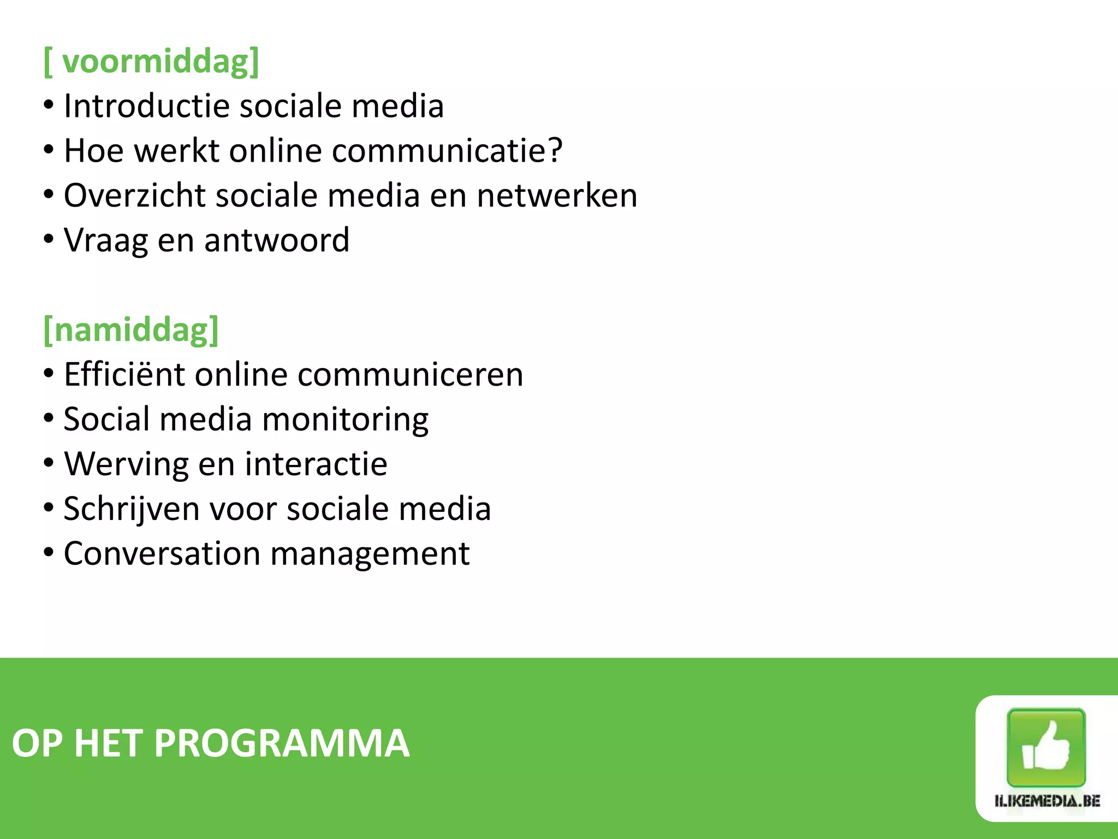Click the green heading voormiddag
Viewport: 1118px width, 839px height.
152,61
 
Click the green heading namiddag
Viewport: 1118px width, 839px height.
131,330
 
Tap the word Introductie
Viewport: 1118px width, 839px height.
146,105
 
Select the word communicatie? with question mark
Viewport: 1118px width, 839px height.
447,150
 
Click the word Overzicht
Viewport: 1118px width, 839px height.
135,195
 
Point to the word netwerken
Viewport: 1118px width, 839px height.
557,195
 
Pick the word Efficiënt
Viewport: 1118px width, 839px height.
124,375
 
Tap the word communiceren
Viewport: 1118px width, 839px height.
410,375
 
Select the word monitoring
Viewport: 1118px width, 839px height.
345,419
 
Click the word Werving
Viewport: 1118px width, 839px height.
126,464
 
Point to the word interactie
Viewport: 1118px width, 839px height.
316,464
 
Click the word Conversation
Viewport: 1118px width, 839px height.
162,554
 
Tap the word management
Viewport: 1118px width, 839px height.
370,554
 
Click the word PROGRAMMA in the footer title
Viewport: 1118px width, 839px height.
282,743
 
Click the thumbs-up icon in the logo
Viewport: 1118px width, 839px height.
1045,747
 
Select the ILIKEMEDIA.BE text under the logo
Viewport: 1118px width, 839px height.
1046,801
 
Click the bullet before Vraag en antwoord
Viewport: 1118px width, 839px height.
49,239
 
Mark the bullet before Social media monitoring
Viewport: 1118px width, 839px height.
49,418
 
